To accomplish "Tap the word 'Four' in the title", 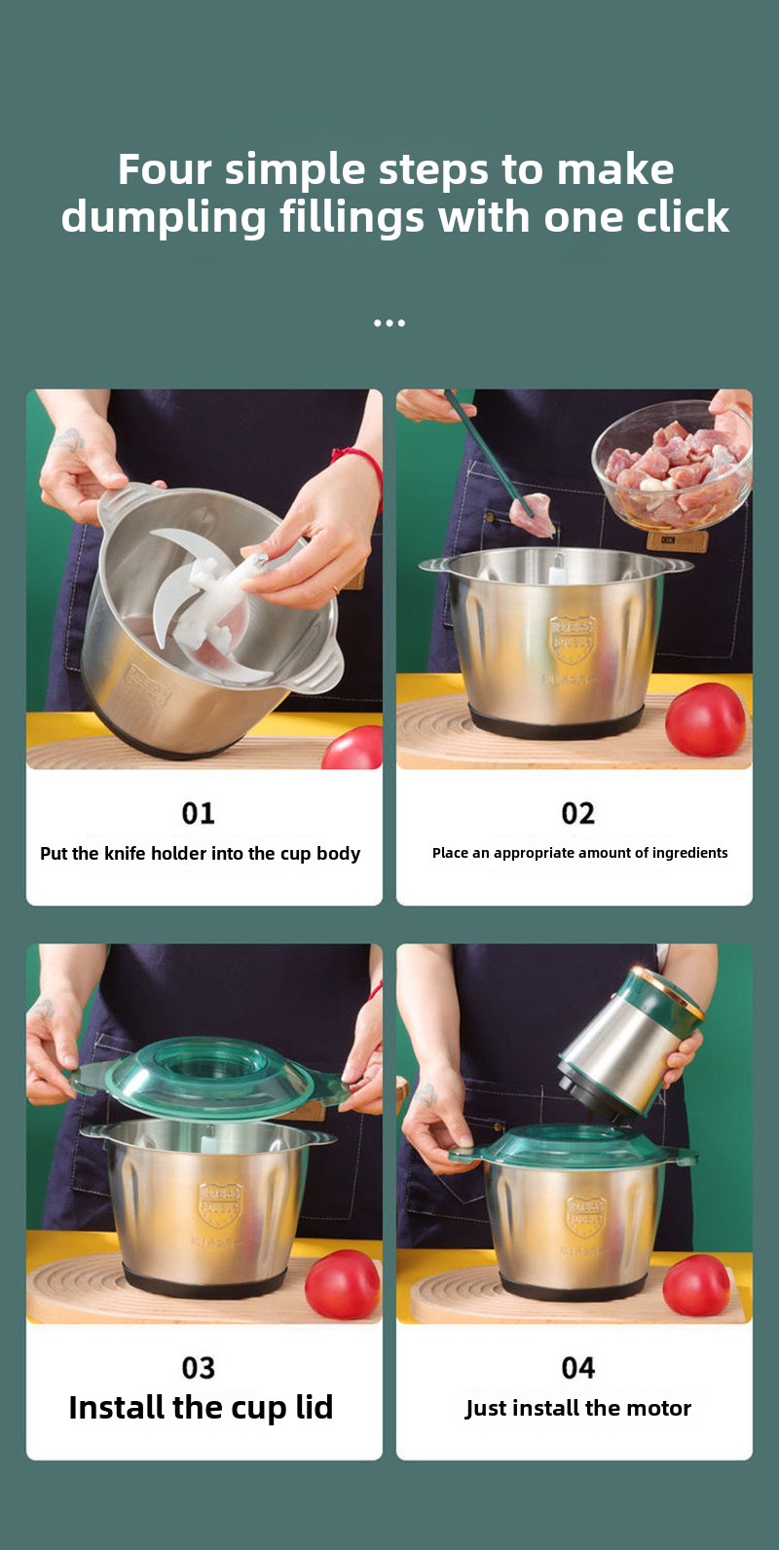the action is click(x=164, y=169).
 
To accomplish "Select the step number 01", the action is click(x=198, y=813).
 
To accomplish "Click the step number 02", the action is click(x=577, y=813).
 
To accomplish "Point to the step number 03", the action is click(x=198, y=1368).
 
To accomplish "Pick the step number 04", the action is click(x=577, y=1368).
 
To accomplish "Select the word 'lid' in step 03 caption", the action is click(x=315, y=1407).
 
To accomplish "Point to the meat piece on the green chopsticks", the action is click(x=532, y=513).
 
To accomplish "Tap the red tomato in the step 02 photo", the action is click(x=706, y=720).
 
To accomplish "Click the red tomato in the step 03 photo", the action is click(x=343, y=1284).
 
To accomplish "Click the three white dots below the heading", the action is click(x=389, y=323).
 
